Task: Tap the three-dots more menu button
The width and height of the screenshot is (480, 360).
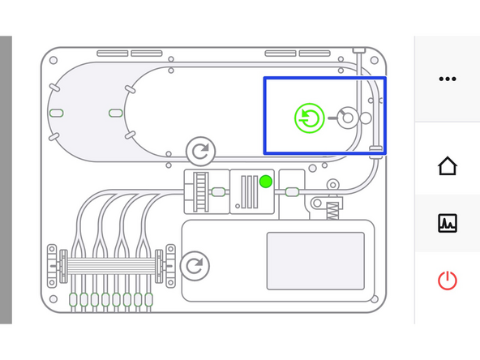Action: pos(447,79)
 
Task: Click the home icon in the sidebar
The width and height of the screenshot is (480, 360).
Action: pos(447,166)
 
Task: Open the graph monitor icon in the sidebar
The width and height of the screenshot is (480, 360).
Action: pos(447,223)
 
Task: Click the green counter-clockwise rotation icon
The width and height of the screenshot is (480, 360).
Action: pos(309,118)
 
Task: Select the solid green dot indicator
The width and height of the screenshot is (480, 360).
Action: pos(265,182)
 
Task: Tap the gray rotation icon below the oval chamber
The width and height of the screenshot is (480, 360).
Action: pos(200,151)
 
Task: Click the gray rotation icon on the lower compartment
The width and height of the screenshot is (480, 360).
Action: pos(195,265)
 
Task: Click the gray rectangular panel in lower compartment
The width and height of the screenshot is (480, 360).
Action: pos(315,260)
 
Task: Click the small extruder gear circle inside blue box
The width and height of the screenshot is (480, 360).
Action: pos(347,118)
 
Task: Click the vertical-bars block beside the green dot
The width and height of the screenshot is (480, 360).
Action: pos(246,192)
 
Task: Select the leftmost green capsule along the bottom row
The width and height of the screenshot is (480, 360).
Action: pos(74,300)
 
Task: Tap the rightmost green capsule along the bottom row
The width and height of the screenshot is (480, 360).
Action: pos(148,300)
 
